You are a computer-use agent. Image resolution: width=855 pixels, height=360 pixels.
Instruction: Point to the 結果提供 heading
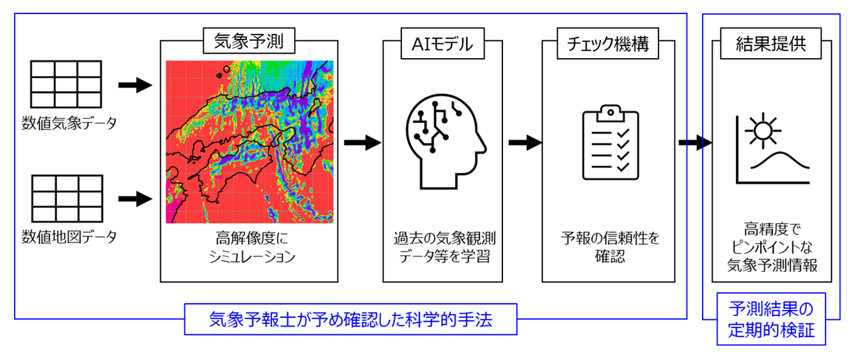[x=770, y=43]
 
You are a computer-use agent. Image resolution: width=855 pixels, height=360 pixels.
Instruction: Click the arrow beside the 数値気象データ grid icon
[x=135, y=85]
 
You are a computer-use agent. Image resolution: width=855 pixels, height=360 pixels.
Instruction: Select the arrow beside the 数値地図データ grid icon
[x=135, y=198]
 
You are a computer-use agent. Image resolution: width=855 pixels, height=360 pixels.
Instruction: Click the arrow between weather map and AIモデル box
[x=361, y=142]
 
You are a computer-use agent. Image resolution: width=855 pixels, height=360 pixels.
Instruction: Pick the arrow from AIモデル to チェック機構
[x=524, y=142]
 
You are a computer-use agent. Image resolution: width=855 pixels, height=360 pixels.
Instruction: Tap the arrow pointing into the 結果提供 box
[x=695, y=142]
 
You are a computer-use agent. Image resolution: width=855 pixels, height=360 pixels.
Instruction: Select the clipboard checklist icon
[x=607, y=142]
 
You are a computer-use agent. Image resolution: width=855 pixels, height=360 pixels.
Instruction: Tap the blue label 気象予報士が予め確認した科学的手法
[x=351, y=320]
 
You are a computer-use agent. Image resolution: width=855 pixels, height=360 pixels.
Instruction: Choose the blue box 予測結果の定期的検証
[x=772, y=319]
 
